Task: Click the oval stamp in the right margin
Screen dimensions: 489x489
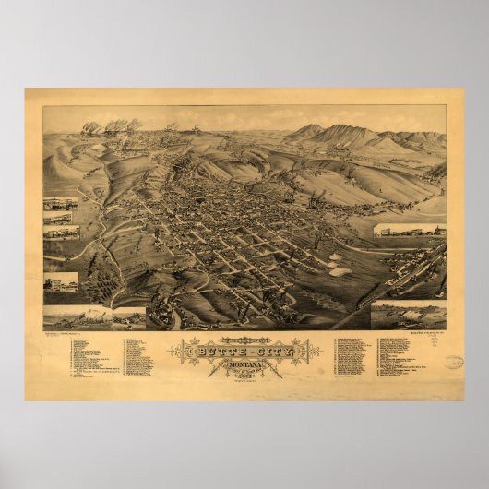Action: (x=452, y=363)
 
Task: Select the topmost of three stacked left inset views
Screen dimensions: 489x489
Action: (x=61, y=203)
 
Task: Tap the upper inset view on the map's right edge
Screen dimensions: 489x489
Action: (x=410, y=230)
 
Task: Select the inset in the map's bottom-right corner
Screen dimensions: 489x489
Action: (x=408, y=315)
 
